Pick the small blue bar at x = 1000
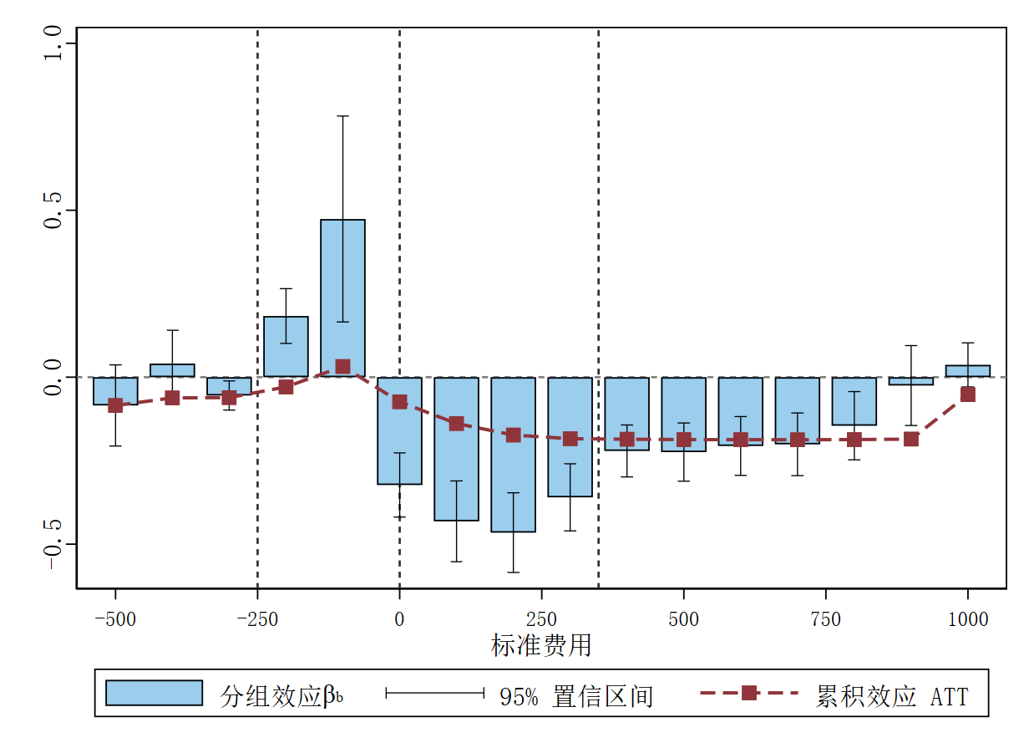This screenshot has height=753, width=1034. click(968, 371)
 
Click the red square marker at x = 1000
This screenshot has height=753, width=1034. click(968, 394)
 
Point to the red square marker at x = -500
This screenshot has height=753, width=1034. click(115, 405)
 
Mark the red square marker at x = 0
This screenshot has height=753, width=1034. click(399, 402)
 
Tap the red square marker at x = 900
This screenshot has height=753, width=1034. click(911, 439)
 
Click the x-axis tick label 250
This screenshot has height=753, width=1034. click(541, 619)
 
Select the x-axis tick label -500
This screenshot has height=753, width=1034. click(115, 619)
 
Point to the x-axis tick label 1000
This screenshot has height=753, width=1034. click(968, 619)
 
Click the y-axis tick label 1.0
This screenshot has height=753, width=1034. click(53, 43)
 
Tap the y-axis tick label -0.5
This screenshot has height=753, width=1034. click(53, 544)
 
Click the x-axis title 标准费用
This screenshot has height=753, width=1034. click(541, 645)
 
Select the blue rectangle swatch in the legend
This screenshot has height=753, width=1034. click(155, 693)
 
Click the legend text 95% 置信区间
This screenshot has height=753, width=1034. click(576, 696)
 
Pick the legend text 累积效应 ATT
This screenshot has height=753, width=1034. click(891, 696)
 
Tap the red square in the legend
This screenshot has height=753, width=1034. click(749, 693)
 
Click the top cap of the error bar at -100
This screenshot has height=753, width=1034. click(342, 116)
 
